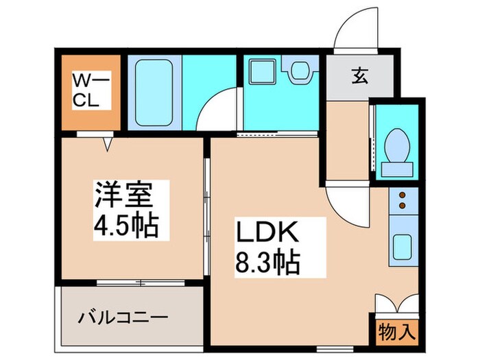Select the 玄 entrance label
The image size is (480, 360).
pos(359,77)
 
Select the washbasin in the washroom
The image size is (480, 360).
pos(299,69)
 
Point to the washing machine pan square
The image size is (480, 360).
pos(261,70)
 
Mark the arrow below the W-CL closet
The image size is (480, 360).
pos(108,144)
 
